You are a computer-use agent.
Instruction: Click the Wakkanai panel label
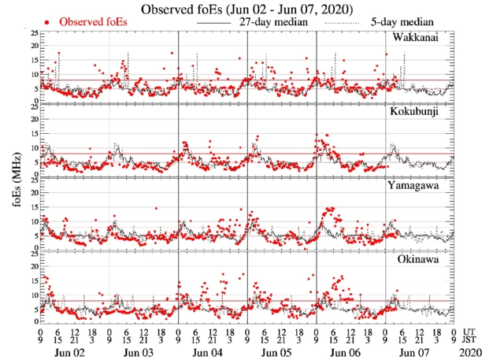pyautogui.click(x=424, y=38)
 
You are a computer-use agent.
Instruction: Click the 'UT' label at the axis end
pyautogui.click(x=470, y=331)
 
